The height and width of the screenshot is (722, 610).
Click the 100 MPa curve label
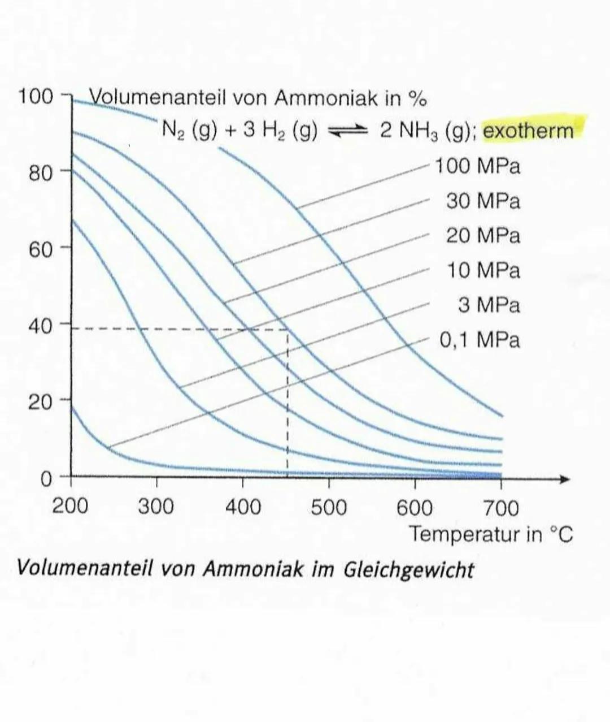pos(477,166)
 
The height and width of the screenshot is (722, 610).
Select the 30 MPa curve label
pos(483,201)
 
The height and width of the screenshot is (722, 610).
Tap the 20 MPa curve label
pos(483,236)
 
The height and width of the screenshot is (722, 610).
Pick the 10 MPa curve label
pos(483,270)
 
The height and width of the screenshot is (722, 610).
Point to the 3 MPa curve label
pos(489,305)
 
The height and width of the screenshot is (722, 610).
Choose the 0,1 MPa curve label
pos(480,340)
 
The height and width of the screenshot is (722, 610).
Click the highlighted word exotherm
pos(528,131)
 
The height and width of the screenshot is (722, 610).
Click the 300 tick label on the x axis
pos(156,507)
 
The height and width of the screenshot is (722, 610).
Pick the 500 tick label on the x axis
pos(329,507)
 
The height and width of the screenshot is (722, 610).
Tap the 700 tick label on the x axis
pos(501,507)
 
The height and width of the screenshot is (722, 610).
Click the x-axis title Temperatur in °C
pos(490,534)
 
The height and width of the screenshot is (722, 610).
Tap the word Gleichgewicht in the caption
pos(408,569)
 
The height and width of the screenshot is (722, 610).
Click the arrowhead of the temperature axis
pos(565,479)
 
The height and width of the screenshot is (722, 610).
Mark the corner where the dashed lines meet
pos(287,329)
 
